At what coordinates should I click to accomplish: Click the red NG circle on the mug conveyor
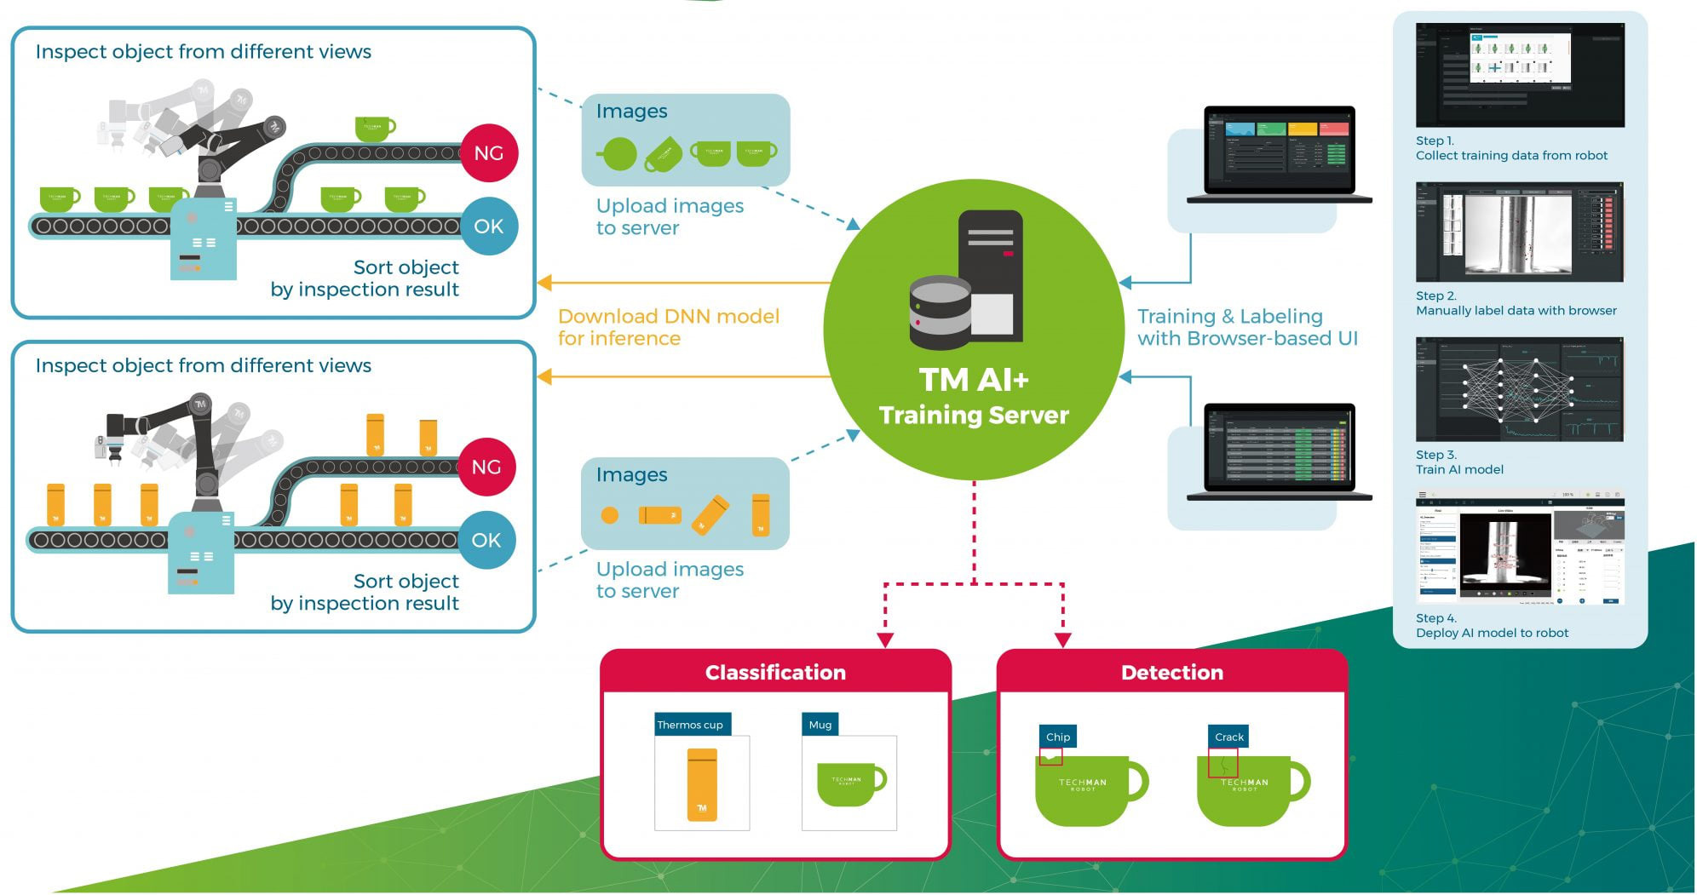488,153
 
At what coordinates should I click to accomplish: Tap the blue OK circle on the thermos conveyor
486,540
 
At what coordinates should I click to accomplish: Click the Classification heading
775,673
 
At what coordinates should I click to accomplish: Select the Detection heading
1171,673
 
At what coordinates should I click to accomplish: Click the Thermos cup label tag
691,725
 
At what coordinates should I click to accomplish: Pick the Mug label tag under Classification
820,725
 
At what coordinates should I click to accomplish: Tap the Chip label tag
1058,737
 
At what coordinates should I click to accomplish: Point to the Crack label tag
1229,737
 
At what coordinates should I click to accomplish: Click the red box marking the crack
1222,762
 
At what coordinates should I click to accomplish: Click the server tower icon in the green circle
991,273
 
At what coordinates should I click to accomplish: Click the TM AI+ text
974,380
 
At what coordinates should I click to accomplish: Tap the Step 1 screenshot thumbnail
1520,75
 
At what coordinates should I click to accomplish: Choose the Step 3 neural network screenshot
1520,389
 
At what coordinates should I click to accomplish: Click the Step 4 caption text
1491,626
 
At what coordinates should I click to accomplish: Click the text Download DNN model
669,317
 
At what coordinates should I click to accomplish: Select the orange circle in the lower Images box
610,515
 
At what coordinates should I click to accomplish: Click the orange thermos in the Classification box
702,784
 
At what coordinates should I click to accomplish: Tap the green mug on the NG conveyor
374,129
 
